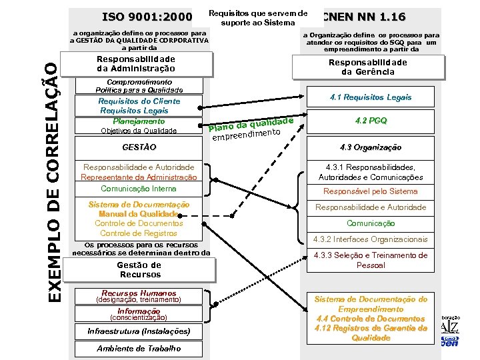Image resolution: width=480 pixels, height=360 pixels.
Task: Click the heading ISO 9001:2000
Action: (x=147, y=17)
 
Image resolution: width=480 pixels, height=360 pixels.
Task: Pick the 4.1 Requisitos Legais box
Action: (x=371, y=97)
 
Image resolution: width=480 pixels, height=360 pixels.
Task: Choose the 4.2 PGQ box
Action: (x=371, y=121)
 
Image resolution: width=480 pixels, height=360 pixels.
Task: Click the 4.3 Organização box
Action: (x=371, y=147)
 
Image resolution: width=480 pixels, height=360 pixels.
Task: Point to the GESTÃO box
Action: (x=139, y=147)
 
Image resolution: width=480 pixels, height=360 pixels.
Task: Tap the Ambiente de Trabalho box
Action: (x=139, y=349)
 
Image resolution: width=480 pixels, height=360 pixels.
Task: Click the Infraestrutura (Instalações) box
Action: (x=139, y=331)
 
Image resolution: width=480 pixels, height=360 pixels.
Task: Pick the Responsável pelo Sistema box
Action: (x=371, y=191)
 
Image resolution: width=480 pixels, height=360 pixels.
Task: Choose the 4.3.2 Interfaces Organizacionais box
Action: (x=371, y=239)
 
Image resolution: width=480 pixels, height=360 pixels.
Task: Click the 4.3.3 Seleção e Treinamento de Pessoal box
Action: (x=371, y=261)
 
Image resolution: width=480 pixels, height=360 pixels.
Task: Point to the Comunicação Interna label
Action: (x=139, y=189)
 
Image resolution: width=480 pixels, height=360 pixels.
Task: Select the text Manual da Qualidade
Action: (x=139, y=214)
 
